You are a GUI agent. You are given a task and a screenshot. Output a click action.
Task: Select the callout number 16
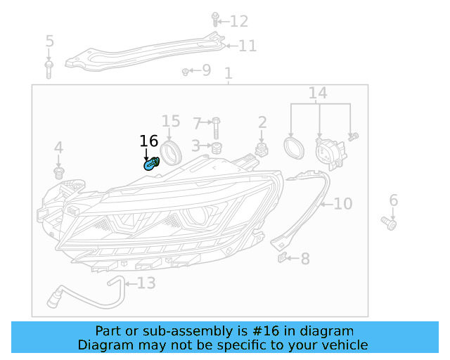coord(149,142)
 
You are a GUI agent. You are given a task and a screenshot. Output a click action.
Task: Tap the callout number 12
coord(239,21)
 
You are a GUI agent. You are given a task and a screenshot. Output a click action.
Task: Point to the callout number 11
coord(247,46)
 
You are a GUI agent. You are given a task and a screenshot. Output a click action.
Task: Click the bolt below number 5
coord(49,69)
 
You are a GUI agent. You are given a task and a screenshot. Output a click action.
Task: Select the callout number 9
coord(205,70)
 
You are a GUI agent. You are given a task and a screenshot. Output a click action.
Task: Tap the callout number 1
coord(228,73)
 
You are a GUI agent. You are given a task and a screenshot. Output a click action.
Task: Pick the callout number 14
coord(318,93)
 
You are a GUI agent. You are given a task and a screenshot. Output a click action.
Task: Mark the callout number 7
coord(198,124)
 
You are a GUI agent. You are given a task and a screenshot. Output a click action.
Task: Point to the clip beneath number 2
coord(262,150)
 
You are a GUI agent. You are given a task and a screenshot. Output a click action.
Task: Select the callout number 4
coord(58,148)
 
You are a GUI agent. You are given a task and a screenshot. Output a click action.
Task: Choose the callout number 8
coord(304,259)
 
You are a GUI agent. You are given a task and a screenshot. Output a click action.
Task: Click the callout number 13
coord(146,283)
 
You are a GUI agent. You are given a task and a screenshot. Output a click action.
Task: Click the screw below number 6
coord(390,223)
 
